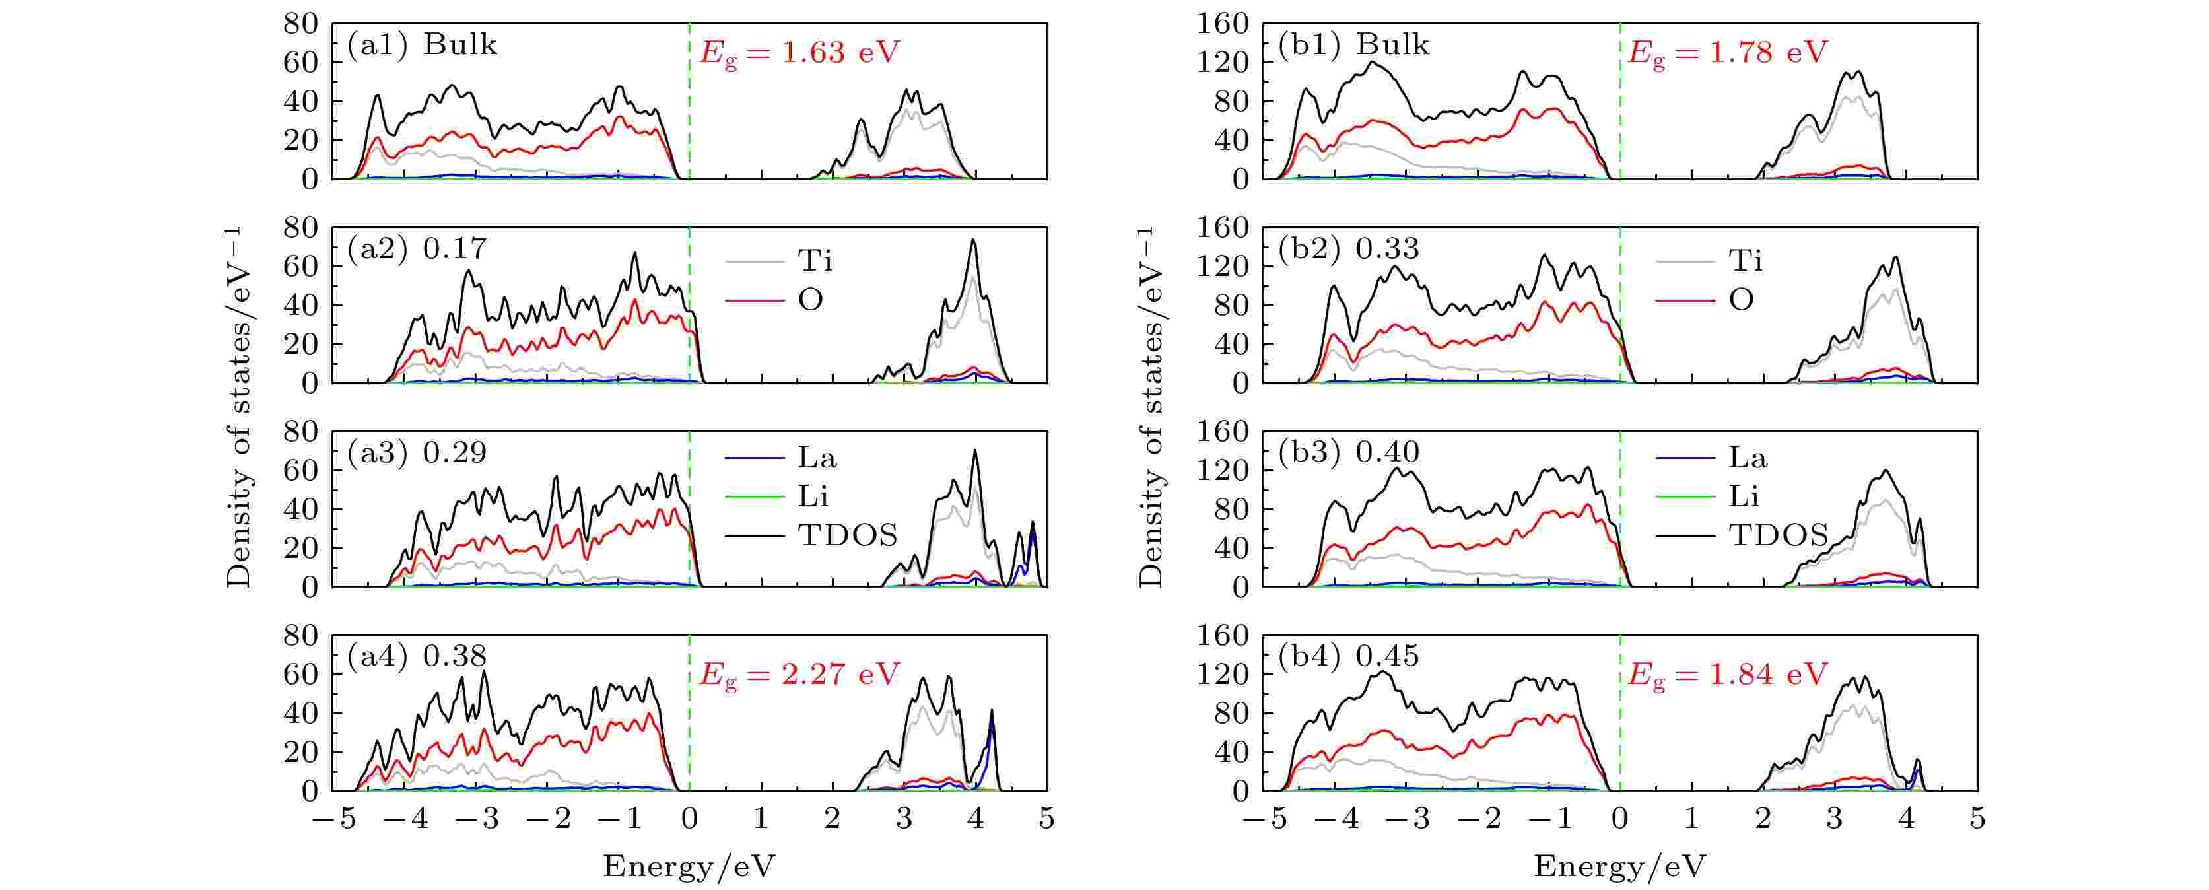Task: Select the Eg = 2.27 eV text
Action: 799,675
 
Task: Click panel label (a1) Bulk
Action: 422,45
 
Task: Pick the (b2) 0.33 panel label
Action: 1348,249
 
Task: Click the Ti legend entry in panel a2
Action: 778,261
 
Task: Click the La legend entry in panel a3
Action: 780,458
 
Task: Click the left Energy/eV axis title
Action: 689,867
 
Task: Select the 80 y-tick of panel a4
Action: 301,636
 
